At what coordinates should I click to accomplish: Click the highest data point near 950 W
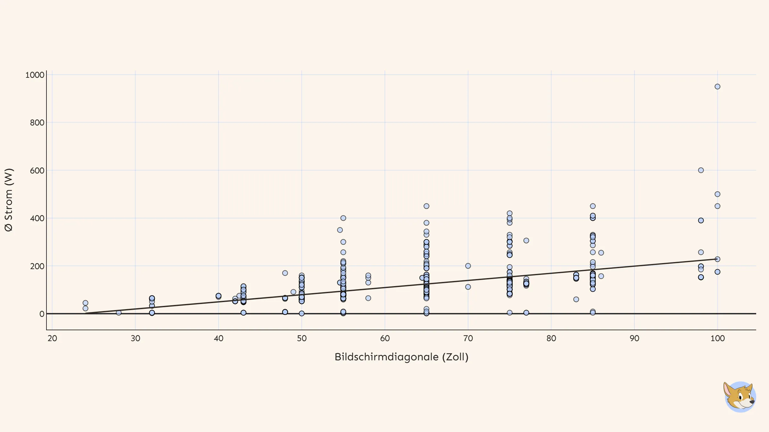(717, 87)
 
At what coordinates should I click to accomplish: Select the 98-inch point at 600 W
(701, 170)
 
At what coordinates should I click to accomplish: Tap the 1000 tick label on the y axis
(35, 75)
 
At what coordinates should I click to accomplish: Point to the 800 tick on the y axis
(37, 123)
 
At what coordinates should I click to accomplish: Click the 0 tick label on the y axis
(42, 314)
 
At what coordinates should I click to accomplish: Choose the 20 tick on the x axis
(52, 338)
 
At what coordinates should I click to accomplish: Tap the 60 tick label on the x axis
(385, 338)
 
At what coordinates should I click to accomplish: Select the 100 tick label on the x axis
(717, 338)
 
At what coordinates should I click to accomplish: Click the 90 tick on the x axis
(634, 338)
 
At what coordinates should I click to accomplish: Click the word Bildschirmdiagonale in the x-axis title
(386, 357)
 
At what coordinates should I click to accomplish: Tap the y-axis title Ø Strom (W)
(9, 200)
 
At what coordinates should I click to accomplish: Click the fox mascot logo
(740, 397)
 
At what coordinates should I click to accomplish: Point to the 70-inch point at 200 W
(468, 266)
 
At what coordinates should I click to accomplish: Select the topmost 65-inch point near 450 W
(426, 206)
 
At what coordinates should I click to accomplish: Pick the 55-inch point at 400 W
(343, 218)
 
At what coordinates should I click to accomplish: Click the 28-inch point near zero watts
(119, 313)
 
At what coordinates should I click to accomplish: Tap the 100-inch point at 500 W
(717, 194)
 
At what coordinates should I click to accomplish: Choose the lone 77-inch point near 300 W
(526, 241)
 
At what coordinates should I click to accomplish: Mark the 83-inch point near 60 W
(576, 300)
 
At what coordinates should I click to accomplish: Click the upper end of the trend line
(716, 259)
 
